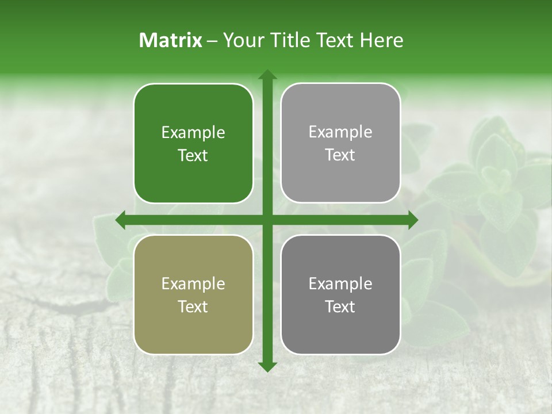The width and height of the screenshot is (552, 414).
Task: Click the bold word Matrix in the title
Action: click(171, 40)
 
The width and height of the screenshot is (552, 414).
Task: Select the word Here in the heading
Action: click(382, 40)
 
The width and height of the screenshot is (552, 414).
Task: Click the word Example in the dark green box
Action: click(193, 133)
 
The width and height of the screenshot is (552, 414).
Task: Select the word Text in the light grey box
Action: click(340, 155)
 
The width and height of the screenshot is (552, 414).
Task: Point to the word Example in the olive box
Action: click(193, 284)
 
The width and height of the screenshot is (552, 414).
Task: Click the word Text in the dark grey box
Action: click(340, 307)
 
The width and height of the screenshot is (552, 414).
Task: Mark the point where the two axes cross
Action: click(267, 220)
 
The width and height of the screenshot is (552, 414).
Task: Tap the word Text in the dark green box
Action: click(193, 156)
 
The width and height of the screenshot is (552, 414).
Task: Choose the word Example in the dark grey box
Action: click(340, 284)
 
